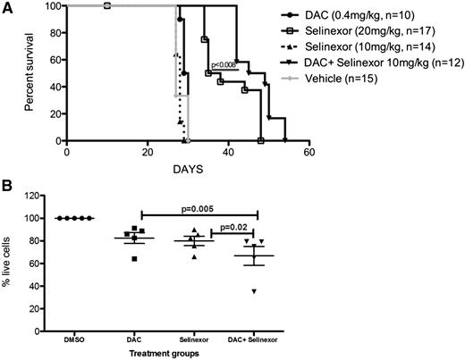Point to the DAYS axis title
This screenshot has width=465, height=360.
(187, 167)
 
